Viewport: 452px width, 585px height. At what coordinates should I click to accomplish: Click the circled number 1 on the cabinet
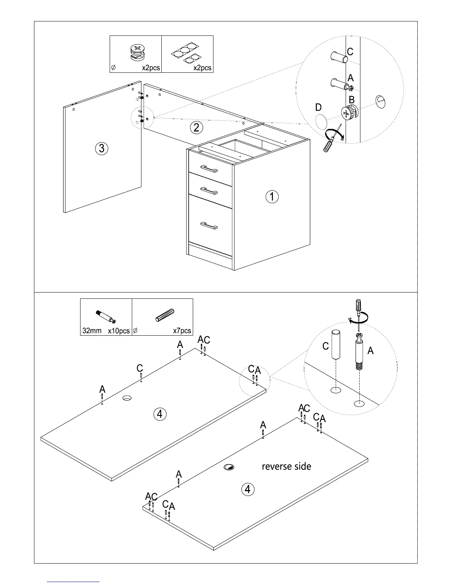272,196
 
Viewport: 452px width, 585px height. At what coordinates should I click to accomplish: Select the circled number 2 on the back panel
196,128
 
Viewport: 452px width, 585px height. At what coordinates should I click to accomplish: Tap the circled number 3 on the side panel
102,148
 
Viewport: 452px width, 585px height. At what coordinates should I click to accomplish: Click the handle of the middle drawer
209,191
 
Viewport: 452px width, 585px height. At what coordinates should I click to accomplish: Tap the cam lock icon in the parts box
137,53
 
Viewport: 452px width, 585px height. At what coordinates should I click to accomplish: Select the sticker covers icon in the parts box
186,52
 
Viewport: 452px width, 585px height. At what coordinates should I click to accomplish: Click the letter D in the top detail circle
318,107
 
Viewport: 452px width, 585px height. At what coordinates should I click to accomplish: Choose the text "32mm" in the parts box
92,331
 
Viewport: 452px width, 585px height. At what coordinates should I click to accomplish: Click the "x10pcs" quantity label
119,331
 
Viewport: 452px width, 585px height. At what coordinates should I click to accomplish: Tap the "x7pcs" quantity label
182,331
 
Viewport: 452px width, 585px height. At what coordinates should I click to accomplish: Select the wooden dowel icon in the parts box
164,315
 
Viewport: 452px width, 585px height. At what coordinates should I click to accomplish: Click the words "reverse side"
287,466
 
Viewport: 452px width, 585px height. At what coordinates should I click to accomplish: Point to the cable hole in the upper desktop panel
127,398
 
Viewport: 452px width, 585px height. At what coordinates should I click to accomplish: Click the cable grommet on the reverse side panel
229,467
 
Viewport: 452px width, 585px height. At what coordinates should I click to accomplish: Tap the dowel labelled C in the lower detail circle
336,345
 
